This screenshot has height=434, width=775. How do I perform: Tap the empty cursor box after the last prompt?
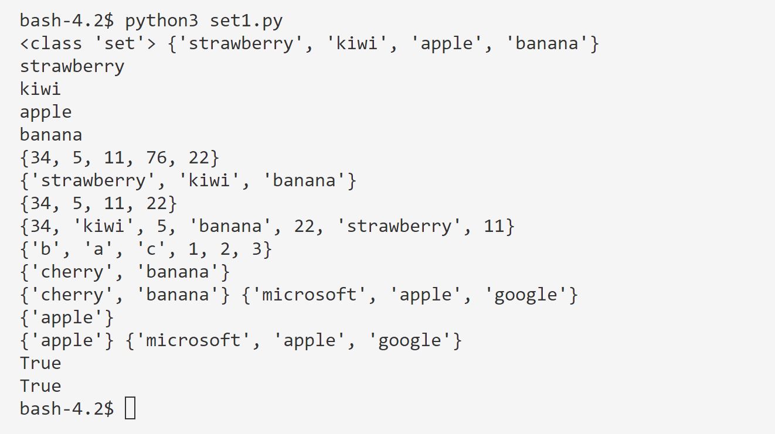coord(130,409)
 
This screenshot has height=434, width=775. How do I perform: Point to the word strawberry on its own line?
coord(72,67)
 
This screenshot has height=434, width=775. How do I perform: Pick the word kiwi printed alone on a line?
coord(40,90)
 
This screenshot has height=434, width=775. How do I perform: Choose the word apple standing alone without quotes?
coord(46,112)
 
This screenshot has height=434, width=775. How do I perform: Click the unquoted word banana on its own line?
coord(51,135)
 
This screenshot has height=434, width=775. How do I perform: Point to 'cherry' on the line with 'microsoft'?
coord(72,295)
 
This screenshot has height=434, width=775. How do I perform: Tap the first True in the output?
coord(40,363)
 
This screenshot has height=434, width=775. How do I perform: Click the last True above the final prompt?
coord(40,386)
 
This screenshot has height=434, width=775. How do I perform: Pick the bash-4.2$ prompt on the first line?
coord(67,22)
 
